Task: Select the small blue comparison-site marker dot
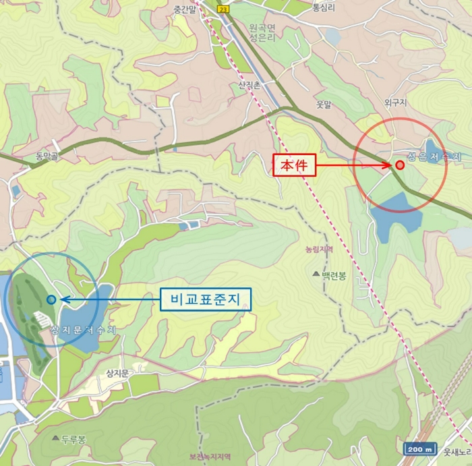pyautogui.click(x=51, y=299)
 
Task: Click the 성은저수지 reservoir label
pyautogui.click(x=434, y=156)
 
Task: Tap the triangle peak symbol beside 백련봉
pyautogui.click(x=316, y=274)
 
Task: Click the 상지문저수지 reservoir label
pyautogui.click(x=84, y=328)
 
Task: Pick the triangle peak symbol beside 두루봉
pyautogui.click(x=55, y=438)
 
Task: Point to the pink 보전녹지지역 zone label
pyautogui.click(x=210, y=457)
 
